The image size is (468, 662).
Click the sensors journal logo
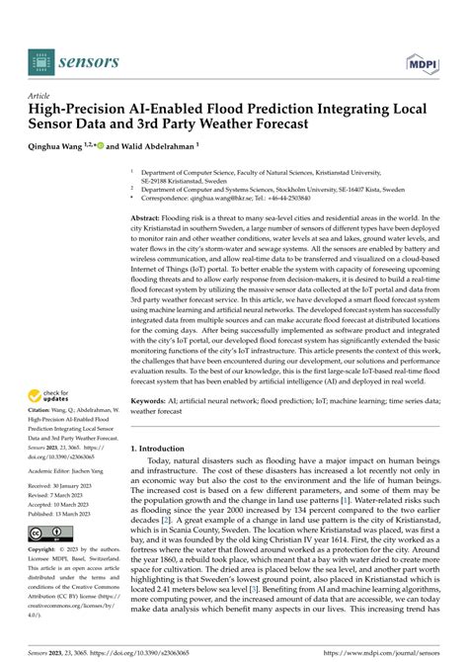coord(74,62)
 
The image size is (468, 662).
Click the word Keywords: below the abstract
coord(152,402)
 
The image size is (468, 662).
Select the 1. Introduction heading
coord(165,449)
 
